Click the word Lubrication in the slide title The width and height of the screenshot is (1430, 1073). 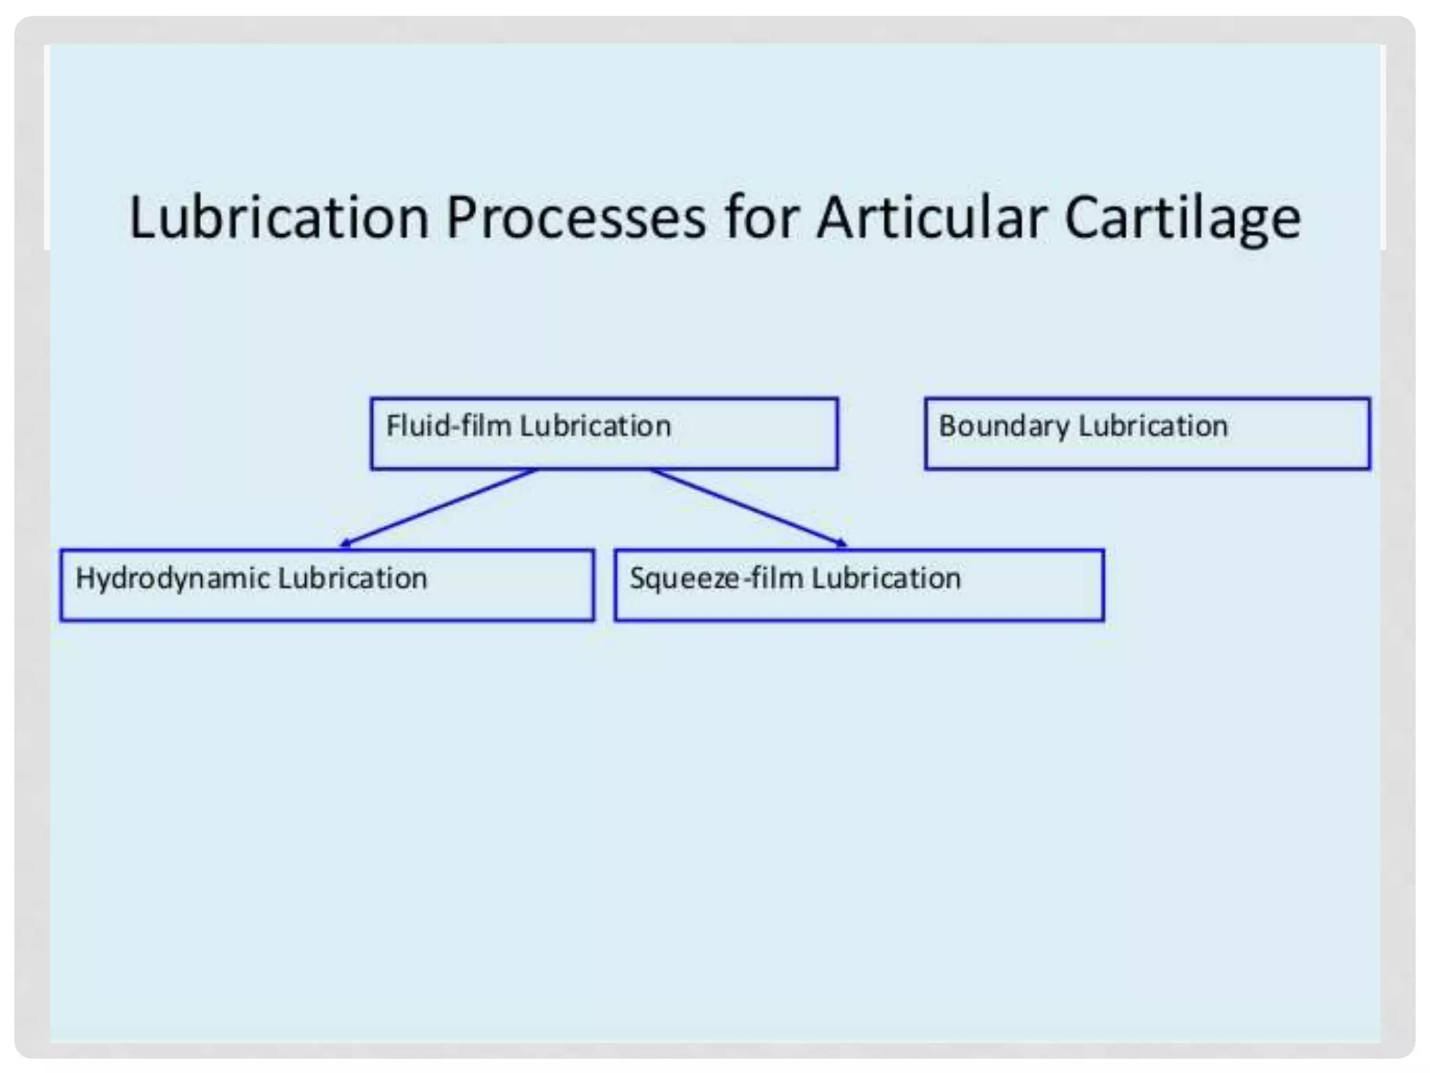click(x=279, y=217)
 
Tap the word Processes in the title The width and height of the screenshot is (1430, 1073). click(x=575, y=217)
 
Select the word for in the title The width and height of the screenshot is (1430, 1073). click(x=762, y=217)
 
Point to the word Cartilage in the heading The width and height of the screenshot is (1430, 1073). click(x=1182, y=219)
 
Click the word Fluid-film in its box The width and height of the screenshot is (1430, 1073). click(x=448, y=425)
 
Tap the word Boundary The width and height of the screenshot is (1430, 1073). click(x=1003, y=426)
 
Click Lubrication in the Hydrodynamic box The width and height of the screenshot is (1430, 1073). click(x=352, y=578)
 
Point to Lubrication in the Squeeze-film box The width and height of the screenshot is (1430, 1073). click(x=886, y=578)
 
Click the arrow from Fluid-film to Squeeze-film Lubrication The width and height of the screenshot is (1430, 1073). click(x=747, y=506)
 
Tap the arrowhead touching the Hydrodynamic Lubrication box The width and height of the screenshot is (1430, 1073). click(x=345, y=543)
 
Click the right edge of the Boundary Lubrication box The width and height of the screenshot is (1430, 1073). click(x=1369, y=433)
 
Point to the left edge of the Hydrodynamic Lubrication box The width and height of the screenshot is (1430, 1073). click(x=61, y=585)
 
